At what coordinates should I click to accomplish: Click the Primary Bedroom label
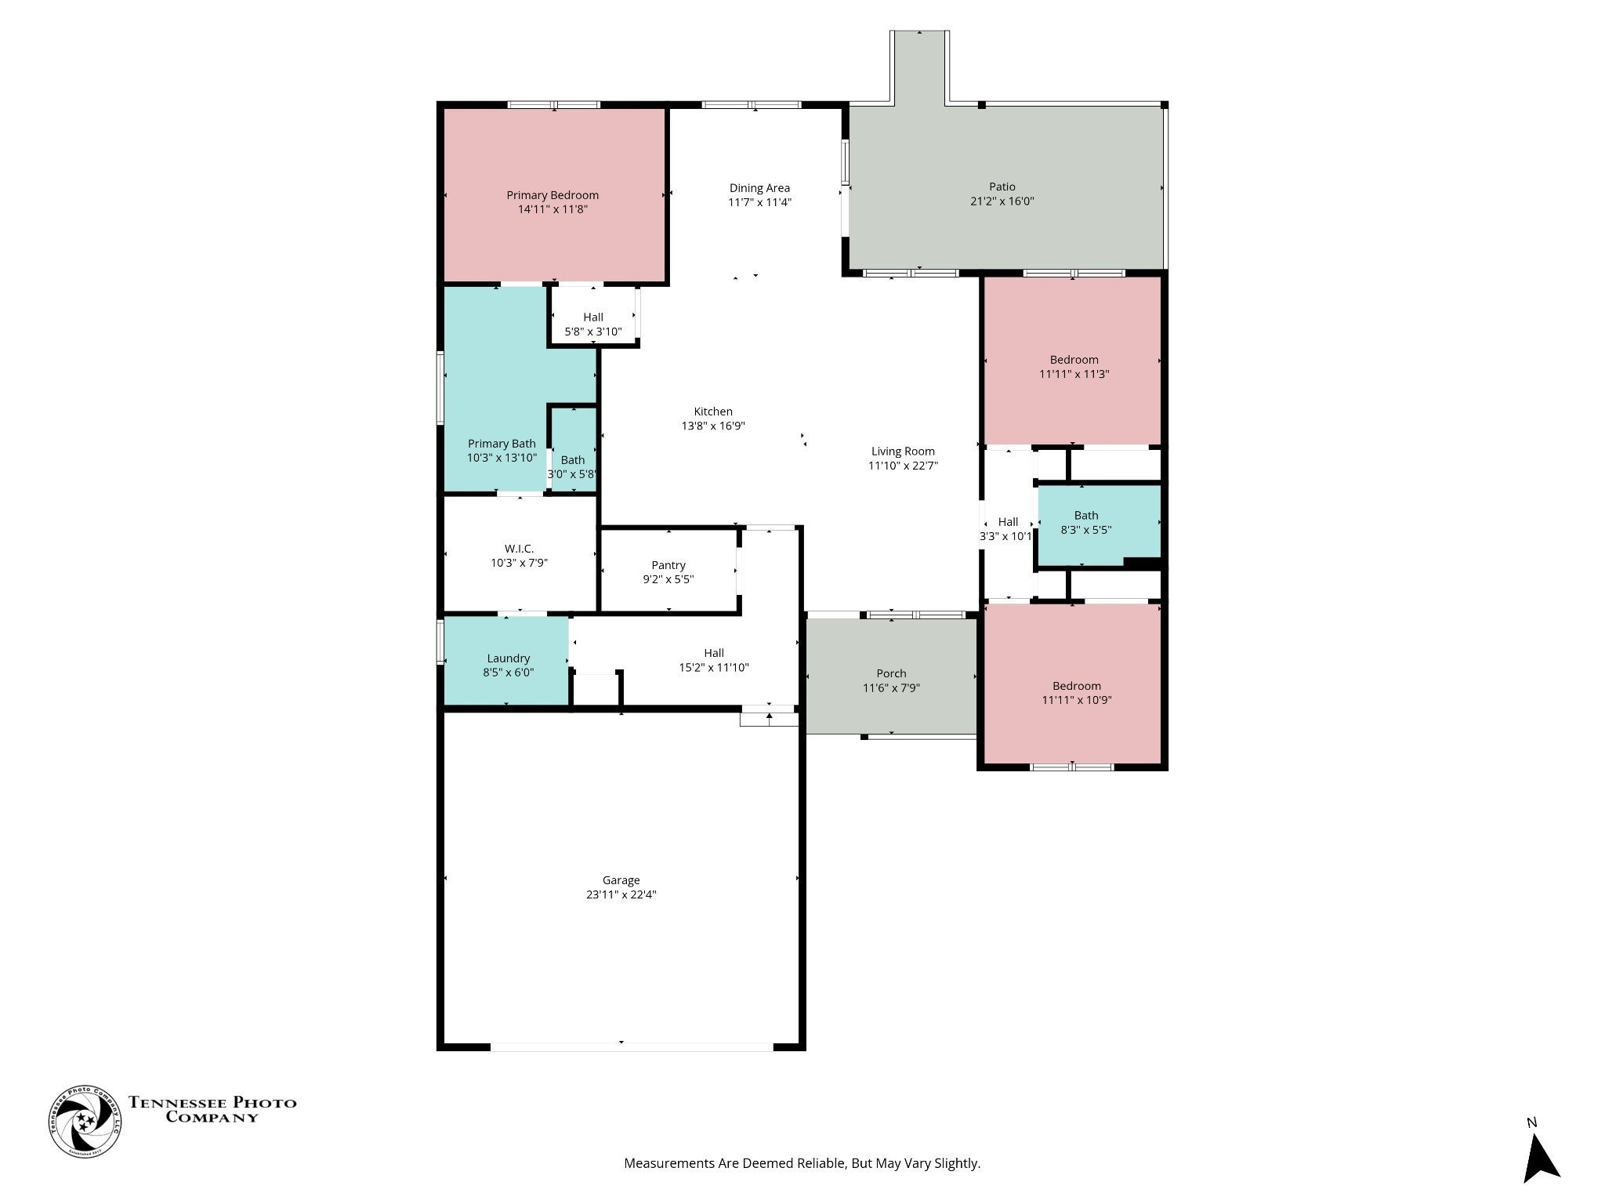pos(553,195)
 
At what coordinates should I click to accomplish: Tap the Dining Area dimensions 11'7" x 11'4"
pos(759,202)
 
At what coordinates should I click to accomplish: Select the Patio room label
pos(1002,187)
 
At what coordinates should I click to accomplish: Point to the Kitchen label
pos(713,412)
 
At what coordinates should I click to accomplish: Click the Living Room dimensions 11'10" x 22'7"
pos(903,466)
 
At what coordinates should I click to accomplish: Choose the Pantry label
pos(668,565)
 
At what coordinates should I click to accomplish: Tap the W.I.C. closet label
pos(519,549)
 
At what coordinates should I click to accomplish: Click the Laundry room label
pos(509,658)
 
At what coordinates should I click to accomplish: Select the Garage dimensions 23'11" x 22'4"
pos(621,894)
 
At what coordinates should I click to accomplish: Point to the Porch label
pos(892,673)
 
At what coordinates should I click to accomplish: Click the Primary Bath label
pos(502,444)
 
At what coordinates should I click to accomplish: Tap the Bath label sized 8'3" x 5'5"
pos(1086,515)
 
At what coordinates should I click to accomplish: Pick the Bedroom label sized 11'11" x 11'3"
pos(1074,360)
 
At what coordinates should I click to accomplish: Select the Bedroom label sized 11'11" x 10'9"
pos(1077,686)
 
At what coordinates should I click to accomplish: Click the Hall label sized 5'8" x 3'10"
pos(593,317)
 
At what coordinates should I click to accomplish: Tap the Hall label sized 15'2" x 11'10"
pos(714,653)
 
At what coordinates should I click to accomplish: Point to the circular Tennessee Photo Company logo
pos(85,1121)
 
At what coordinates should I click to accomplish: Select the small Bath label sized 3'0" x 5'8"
pos(573,460)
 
